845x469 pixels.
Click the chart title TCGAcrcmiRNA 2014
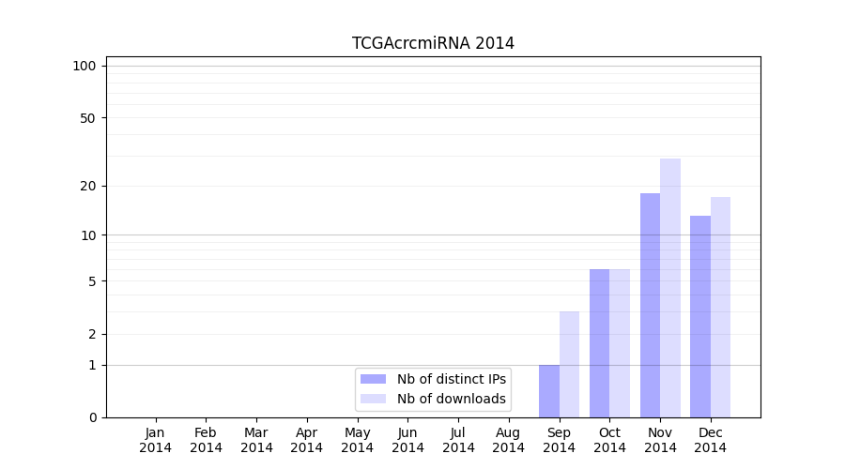433,43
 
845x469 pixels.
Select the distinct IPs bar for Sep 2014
549,391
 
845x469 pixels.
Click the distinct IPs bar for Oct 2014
600,343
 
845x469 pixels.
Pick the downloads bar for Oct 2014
620,343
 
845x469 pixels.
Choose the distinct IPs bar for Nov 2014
650,305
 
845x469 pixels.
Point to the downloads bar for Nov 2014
670,288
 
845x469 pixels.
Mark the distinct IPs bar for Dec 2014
700,316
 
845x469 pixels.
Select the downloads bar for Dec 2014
720,307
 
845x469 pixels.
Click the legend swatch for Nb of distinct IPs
373,379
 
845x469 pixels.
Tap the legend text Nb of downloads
452,399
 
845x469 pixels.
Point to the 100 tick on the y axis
84,66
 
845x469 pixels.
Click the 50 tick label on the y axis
88,118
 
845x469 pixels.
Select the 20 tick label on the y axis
88,186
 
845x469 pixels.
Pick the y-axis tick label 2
92,334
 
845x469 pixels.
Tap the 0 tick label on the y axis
92,417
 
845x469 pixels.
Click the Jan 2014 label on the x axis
156,440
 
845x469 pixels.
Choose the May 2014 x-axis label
358,440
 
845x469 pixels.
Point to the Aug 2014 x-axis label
509,440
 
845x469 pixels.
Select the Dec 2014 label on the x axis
711,440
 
